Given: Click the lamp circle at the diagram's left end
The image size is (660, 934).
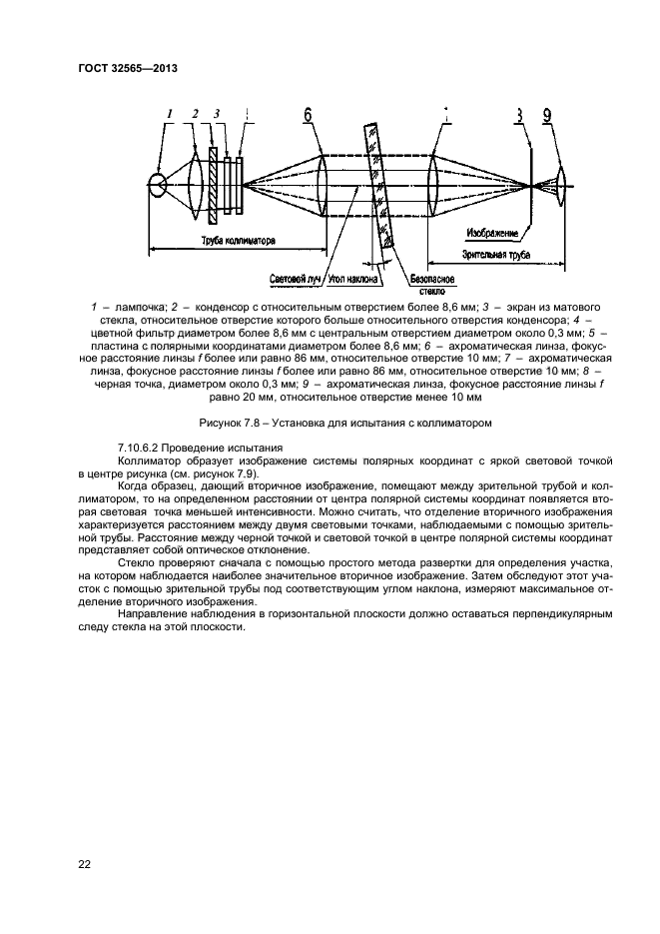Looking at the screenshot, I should tap(158, 185).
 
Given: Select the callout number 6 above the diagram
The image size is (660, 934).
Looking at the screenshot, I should tap(308, 116).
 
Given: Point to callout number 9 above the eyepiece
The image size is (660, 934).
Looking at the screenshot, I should tap(547, 116).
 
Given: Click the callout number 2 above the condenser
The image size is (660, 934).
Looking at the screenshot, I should tap(196, 114).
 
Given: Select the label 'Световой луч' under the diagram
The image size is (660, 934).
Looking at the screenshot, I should tap(294, 279).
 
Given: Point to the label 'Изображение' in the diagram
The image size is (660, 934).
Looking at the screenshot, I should tap(493, 235).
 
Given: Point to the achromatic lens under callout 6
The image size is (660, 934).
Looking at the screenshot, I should tap(324, 185).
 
